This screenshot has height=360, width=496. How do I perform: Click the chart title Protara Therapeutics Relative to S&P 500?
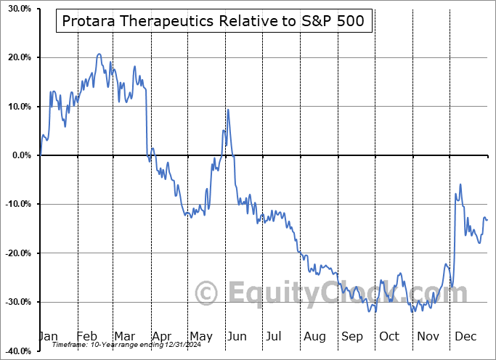(x=215, y=22)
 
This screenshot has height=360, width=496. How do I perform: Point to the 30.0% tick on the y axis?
(x=16, y=9)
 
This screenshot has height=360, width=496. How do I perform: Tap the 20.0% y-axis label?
(x=16, y=57)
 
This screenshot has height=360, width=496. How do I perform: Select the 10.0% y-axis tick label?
(x=16, y=107)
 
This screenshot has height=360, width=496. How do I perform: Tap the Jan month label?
(x=48, y=337)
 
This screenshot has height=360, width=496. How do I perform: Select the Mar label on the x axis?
(x=123, y=337)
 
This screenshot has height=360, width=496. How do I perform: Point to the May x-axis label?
(x=200, y=337)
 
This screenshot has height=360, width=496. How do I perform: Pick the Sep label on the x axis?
(x=352, y=337)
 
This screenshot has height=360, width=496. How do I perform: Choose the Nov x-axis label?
(x=428, y=337)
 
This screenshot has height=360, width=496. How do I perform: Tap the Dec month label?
(x=465, y=337)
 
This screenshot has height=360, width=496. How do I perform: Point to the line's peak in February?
(x=99, y=54)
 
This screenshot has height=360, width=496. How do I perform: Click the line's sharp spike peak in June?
(x=228, y=110)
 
